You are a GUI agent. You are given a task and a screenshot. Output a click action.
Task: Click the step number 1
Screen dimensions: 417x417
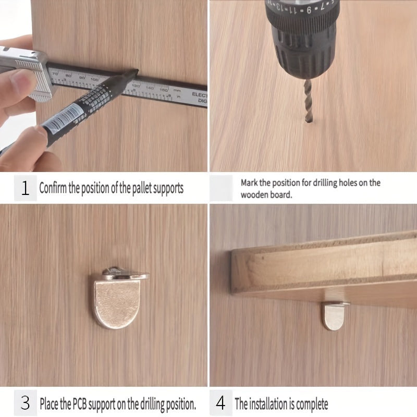25,188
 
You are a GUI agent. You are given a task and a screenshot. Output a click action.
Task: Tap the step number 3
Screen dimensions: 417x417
25,403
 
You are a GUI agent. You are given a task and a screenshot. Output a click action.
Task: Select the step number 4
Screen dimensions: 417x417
222,403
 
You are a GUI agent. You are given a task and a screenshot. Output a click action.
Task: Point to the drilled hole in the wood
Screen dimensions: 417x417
308,121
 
